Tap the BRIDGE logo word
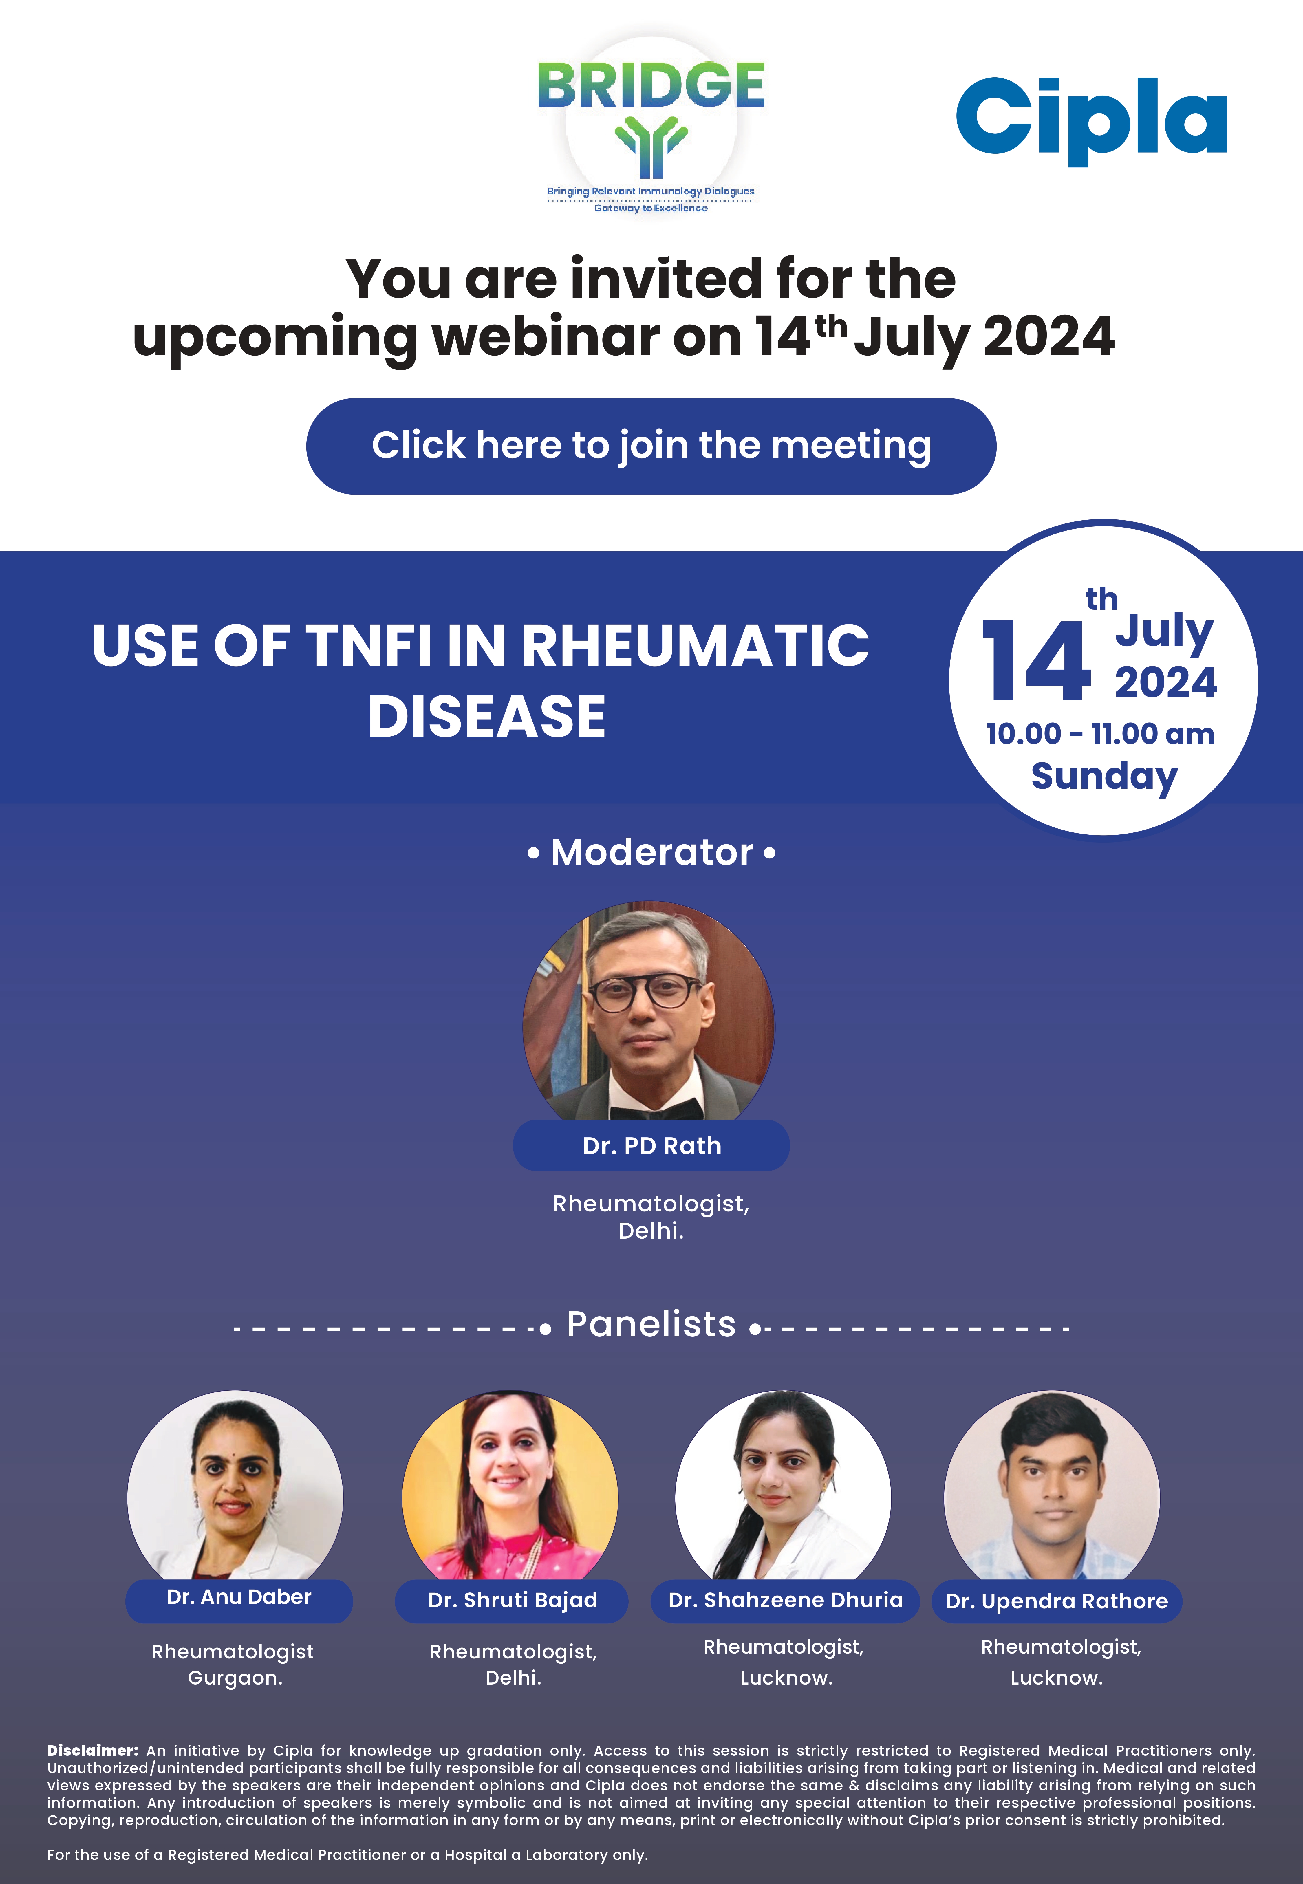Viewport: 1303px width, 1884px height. [x=651, y=86]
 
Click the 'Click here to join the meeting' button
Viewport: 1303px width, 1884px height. [x=651, y=446]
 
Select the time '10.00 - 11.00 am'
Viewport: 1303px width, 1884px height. [x=1100, y=734]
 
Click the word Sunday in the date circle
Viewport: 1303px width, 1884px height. [x=1104, y=776]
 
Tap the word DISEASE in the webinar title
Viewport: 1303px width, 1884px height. [x=486, y=717]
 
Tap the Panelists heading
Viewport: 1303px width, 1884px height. [x=651, y=1324]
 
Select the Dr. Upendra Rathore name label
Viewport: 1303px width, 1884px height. [x=1056, y=1601]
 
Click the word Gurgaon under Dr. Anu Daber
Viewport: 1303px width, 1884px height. [x=234, y=1678]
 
